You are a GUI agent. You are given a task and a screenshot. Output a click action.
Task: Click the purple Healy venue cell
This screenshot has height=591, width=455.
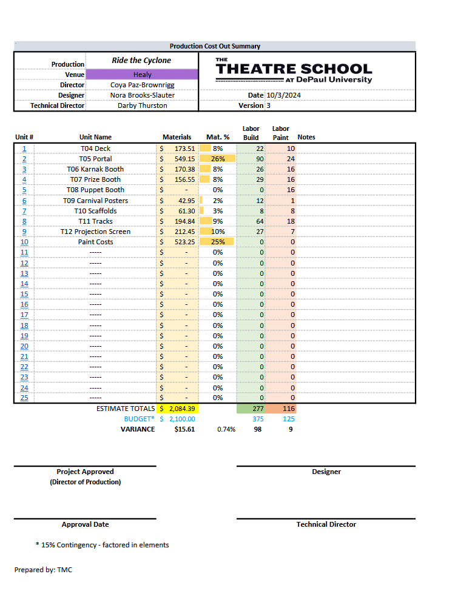(x=142, y=75)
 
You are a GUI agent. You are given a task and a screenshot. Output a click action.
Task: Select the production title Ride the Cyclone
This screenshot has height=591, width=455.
(x=141, y=61)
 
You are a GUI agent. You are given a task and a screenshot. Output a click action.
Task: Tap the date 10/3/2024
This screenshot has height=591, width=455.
(x=283, y=95)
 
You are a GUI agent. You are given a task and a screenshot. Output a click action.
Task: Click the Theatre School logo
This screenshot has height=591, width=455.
(x=294, y=71)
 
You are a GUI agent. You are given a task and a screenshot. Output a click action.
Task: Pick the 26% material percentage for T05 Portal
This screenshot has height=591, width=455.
(x=218, y=159)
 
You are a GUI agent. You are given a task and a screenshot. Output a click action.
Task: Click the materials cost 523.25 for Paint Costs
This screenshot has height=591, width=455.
(x=183, y=242)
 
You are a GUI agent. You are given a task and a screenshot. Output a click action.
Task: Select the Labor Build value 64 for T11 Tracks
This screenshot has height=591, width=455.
(x=260, y=221)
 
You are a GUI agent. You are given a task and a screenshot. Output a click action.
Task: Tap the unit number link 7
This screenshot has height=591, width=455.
(x=24, y=211)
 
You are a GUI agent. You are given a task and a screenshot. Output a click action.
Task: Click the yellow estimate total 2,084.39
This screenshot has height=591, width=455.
(x=181, y=409)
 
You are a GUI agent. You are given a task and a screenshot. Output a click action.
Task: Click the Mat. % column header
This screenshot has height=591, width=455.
(x=218, y=137)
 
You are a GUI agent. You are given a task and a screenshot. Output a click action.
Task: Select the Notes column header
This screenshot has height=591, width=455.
(x=306, y=137)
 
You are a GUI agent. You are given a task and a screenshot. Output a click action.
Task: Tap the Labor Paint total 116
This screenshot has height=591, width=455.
(x=288, y=409)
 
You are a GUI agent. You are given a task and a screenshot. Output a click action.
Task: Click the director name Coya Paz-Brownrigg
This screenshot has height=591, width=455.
(x=142, y=85)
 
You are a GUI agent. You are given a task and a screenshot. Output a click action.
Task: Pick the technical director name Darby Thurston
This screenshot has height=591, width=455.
(x=142, y=105)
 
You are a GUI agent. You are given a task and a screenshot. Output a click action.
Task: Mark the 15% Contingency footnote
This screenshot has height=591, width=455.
(x=103, y=545)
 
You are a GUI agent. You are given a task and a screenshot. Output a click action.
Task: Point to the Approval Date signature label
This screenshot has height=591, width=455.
(x=86, y=524)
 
